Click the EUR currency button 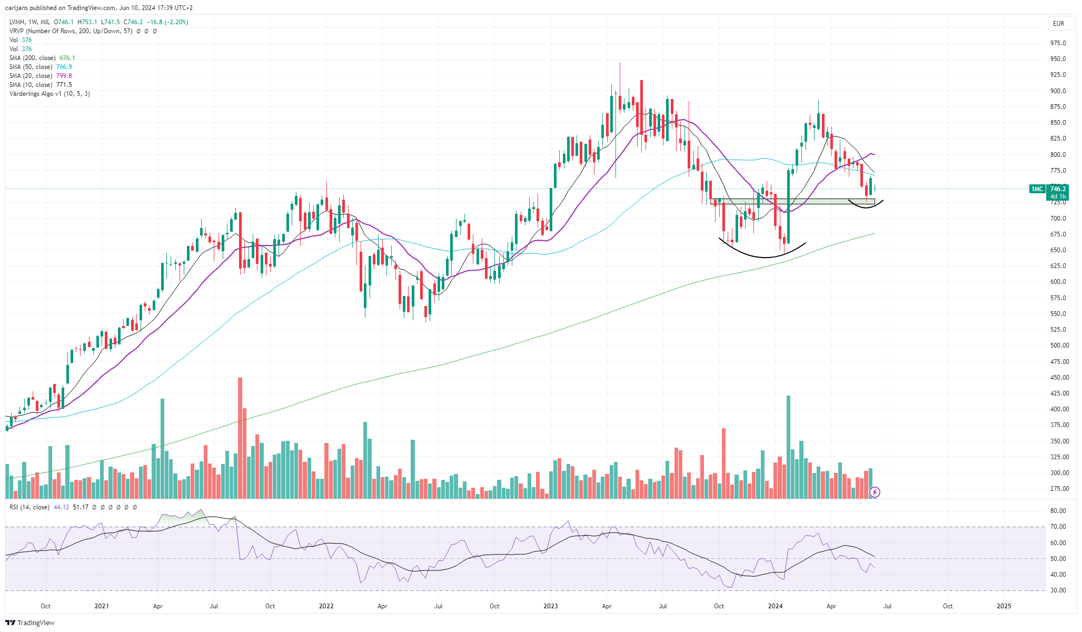point(1058,23)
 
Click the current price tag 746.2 point(1058,189)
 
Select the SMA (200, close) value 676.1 point(67,58)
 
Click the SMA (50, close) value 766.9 point(64,67)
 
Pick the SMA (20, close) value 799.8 point(64,76)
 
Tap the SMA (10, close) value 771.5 point(64,85)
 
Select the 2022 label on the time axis point(326,606)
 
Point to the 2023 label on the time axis point(551,606)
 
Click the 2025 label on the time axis point(1004,606)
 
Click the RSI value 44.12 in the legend point(61,507)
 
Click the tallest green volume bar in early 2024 point(788,447)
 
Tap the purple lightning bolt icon point(875,492)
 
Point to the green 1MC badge point(1037,189)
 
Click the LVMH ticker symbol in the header point(17,22)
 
